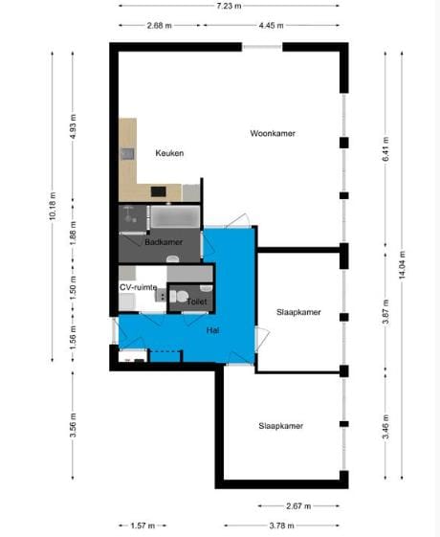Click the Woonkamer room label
pyautogui.click(x=273, y=133)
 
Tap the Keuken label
pyautogui.click(x=169, y=153)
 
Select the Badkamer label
pyautogui.click(x=164, y=242)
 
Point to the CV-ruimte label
pyautogui.click(x=138, y=286)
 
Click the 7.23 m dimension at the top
pyautogui.click(x=230, y=5)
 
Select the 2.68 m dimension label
pyautogui.click(x=160, y=26)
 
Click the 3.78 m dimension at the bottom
pyautogui.click(x=278, y=526)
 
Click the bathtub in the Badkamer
pyautogui.click(x=173, y=215)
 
